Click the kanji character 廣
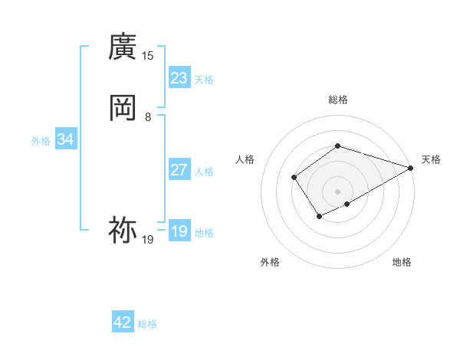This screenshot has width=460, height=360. (x=123, y=47)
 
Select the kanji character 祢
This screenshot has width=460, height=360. (x=123, y=229)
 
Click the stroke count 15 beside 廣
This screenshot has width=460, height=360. (x=148, y=55)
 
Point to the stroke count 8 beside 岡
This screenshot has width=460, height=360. (x=148, y=116)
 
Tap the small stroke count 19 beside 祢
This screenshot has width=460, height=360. (x=148, y=240)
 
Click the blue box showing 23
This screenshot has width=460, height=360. (x=179, y=77)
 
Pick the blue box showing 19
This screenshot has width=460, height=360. (x=179, y=231)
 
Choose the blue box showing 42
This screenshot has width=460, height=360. (x=123, y=322)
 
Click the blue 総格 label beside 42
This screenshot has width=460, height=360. (x=147, y=324)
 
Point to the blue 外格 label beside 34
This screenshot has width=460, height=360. (x=41, y=141)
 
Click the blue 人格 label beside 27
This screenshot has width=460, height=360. (x=205, y=172)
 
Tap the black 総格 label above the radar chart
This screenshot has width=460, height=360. (x=337, y=100)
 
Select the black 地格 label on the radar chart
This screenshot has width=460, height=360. (x=402, y=262)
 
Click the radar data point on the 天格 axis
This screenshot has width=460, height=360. (x=411, y=168)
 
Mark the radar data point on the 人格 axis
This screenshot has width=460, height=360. (x=294, y=178)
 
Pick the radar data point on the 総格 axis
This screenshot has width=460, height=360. (x=337, y=146)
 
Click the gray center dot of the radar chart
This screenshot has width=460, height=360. (x=337, y=191)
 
